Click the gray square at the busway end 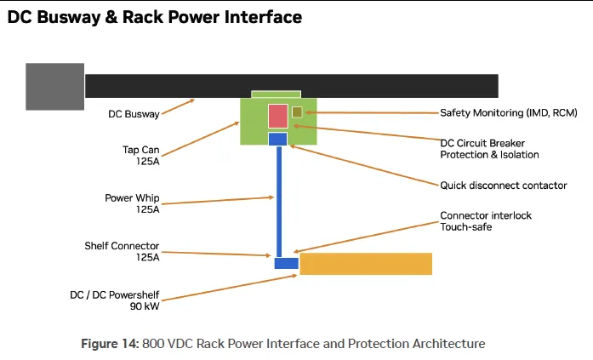(54, 87)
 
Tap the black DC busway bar (292, 86)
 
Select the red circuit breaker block (278, 116)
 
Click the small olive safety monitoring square (297, 112)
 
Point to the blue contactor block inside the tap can (277, 139)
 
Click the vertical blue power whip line (279, 202)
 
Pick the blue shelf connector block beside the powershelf (286, 263)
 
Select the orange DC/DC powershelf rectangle (366, 264)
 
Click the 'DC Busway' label (134, 114)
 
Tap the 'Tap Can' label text (140, 150)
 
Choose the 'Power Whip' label (132, 198)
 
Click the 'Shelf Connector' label (122, 246)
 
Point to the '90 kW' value (145, 306)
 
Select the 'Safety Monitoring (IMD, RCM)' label (509, 112)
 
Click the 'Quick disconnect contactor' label (504, 186)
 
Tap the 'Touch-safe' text (466, 227)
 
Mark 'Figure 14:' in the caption (110, 344)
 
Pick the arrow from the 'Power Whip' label (218, 200)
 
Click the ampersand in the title (111, 17)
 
